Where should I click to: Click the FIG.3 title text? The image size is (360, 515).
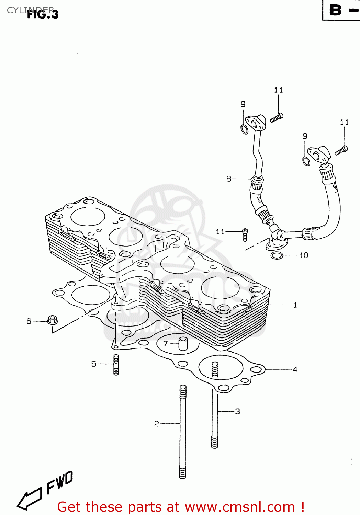[x=43, y=14]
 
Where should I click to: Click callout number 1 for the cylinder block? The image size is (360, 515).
[x=295, y=305]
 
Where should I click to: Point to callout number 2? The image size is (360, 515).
[x=157, y=424]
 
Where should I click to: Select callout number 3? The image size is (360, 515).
[x=237, y=411]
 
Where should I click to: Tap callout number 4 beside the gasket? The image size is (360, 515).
[x=295, y=369]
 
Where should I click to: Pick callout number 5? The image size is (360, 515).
[x=94, y=364]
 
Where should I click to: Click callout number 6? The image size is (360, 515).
[x=29, y=321]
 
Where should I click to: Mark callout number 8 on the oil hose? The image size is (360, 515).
[x=229, y=179]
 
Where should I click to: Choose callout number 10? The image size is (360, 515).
[x=304, y=255]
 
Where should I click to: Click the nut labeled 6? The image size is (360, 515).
[x=52, y=320]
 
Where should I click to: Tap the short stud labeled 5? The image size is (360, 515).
[x=116, y=365]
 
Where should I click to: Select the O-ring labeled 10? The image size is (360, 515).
[x=277, y=255]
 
